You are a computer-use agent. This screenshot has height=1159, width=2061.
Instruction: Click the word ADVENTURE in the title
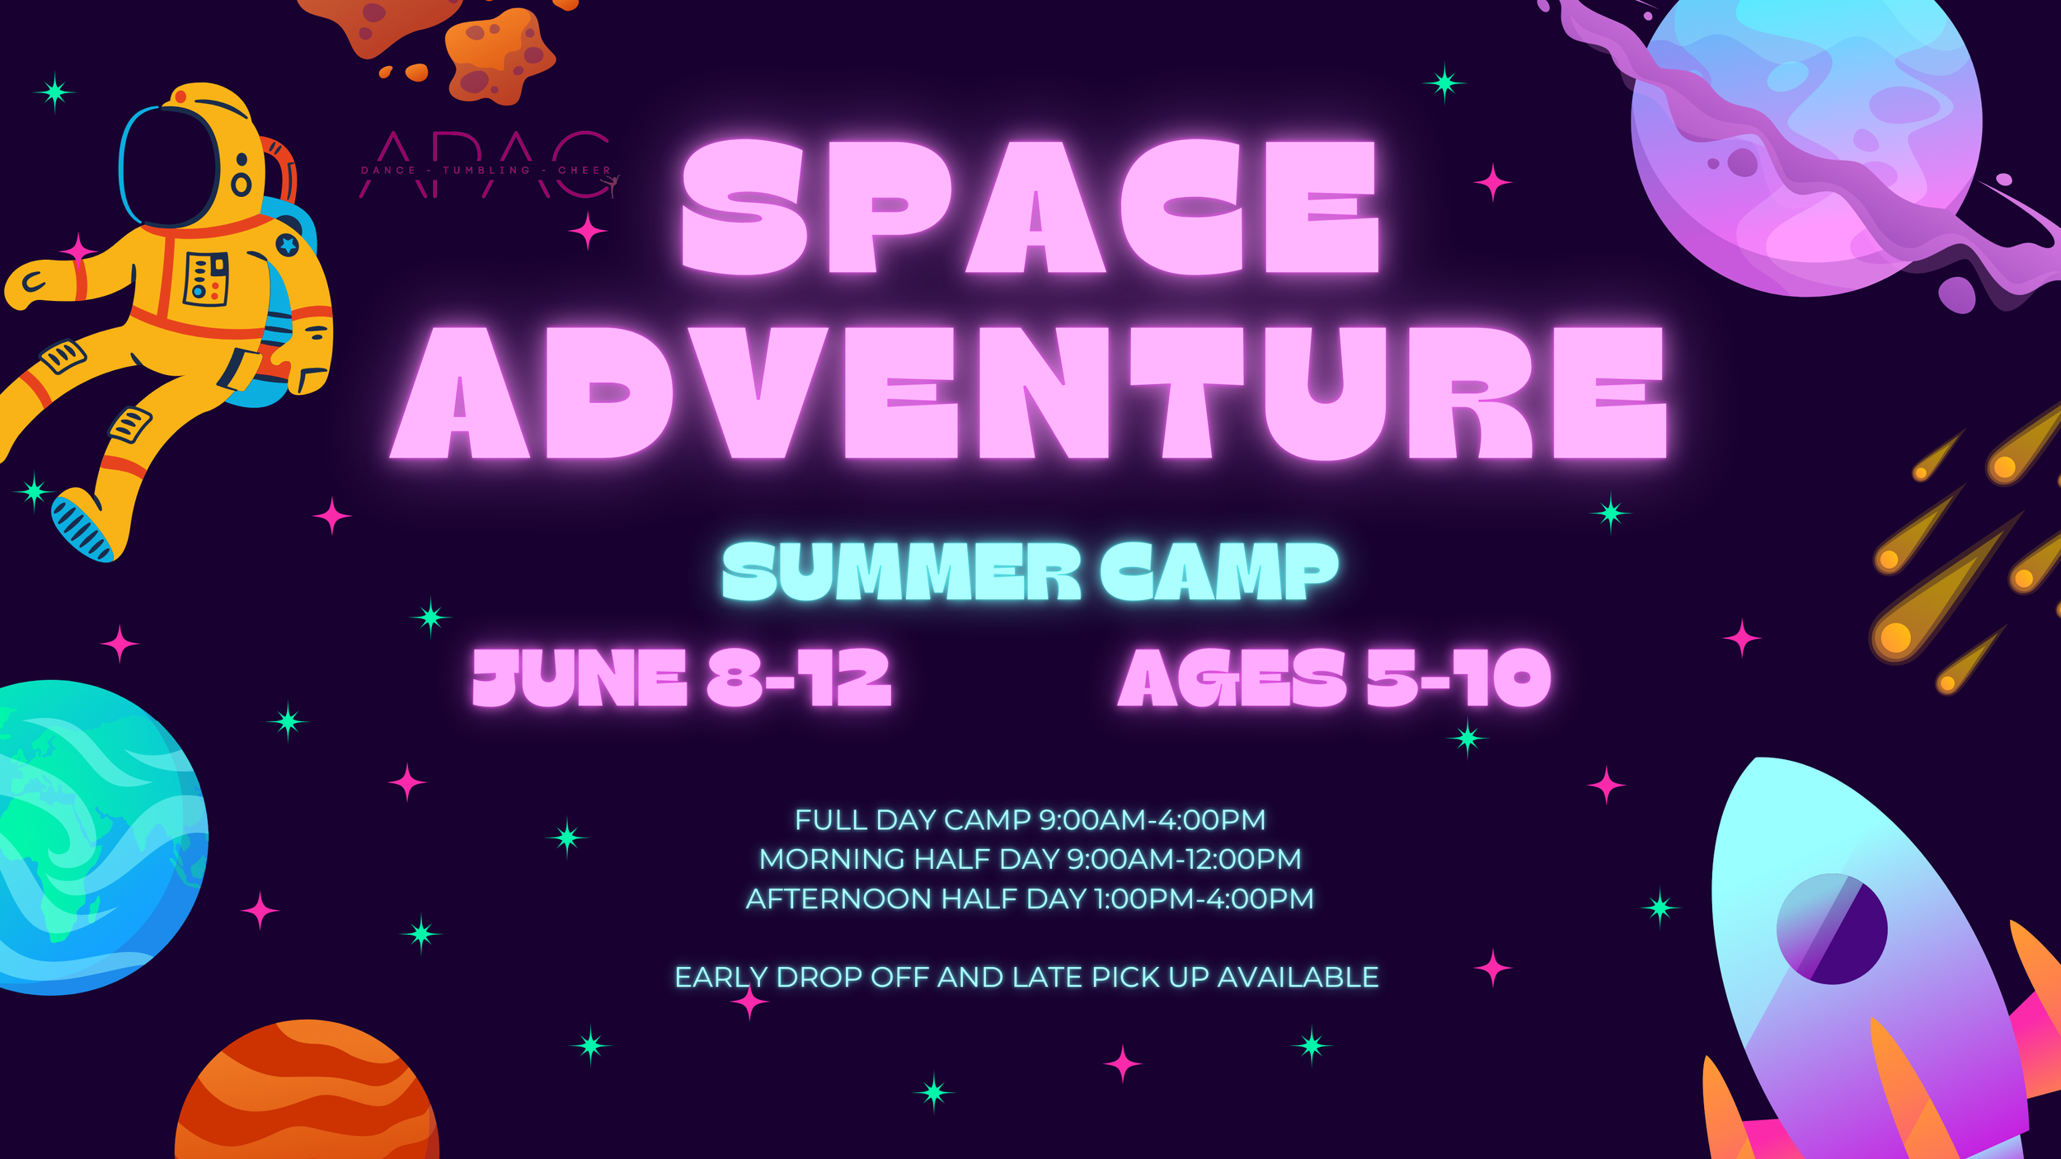1028,392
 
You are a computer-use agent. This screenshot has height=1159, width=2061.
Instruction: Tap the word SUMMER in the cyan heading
900,571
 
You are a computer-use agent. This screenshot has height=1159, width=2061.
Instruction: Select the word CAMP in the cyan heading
1218,571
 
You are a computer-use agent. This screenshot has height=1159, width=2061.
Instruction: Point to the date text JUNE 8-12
681,678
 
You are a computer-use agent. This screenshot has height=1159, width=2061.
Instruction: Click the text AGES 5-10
1334,678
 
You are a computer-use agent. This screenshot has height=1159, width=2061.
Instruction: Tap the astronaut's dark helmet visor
169,165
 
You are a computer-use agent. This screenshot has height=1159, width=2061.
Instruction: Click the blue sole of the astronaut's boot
81,528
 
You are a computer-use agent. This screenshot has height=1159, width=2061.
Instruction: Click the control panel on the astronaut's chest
205,279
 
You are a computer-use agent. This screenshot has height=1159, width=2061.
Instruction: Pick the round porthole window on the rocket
1832,929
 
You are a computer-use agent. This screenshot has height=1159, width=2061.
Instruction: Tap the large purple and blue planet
1805,140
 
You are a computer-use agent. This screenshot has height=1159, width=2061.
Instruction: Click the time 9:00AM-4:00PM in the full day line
1152,820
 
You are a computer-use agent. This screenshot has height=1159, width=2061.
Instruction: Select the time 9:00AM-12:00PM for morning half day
1184,859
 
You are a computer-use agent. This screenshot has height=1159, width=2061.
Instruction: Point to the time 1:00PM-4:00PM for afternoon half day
1204,899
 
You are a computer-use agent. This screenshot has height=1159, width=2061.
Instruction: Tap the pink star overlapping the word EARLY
749,1002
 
